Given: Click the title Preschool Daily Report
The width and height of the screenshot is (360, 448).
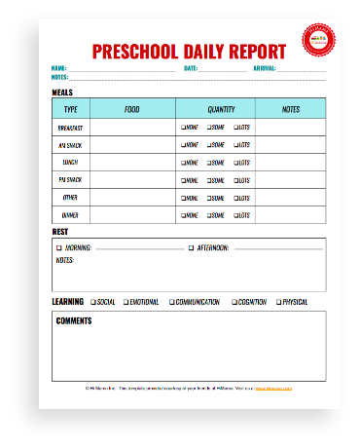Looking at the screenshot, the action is [189, 51].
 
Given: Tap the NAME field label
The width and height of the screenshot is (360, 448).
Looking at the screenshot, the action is [58, 68].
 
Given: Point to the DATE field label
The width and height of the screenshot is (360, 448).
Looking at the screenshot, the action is [191, 68].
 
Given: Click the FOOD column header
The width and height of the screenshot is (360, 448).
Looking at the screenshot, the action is [132, 109].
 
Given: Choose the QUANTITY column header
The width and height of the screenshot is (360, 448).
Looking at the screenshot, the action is [221, 109].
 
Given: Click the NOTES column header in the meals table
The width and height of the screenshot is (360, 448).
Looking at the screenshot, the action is [290, 109].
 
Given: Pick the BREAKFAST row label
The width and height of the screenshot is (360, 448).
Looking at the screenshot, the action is [71, 128].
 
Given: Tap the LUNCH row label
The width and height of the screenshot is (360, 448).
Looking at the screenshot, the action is [71, 162].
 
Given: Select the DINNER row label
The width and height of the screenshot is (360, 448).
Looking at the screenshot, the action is [71, 214].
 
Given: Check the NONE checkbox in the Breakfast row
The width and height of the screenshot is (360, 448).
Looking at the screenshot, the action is [182, 128].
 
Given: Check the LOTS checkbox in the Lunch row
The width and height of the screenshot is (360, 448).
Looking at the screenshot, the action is [234, 162].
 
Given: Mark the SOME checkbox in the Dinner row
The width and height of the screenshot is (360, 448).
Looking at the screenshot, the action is [207, 214].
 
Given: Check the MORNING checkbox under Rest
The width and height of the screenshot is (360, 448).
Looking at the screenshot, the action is [58, 248].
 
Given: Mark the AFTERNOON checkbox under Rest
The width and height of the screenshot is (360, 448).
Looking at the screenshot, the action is [191, 248].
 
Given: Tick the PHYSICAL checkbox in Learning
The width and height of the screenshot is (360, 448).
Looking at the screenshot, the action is [277, 302].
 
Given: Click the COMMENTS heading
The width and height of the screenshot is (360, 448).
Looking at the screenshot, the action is [74, 320].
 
